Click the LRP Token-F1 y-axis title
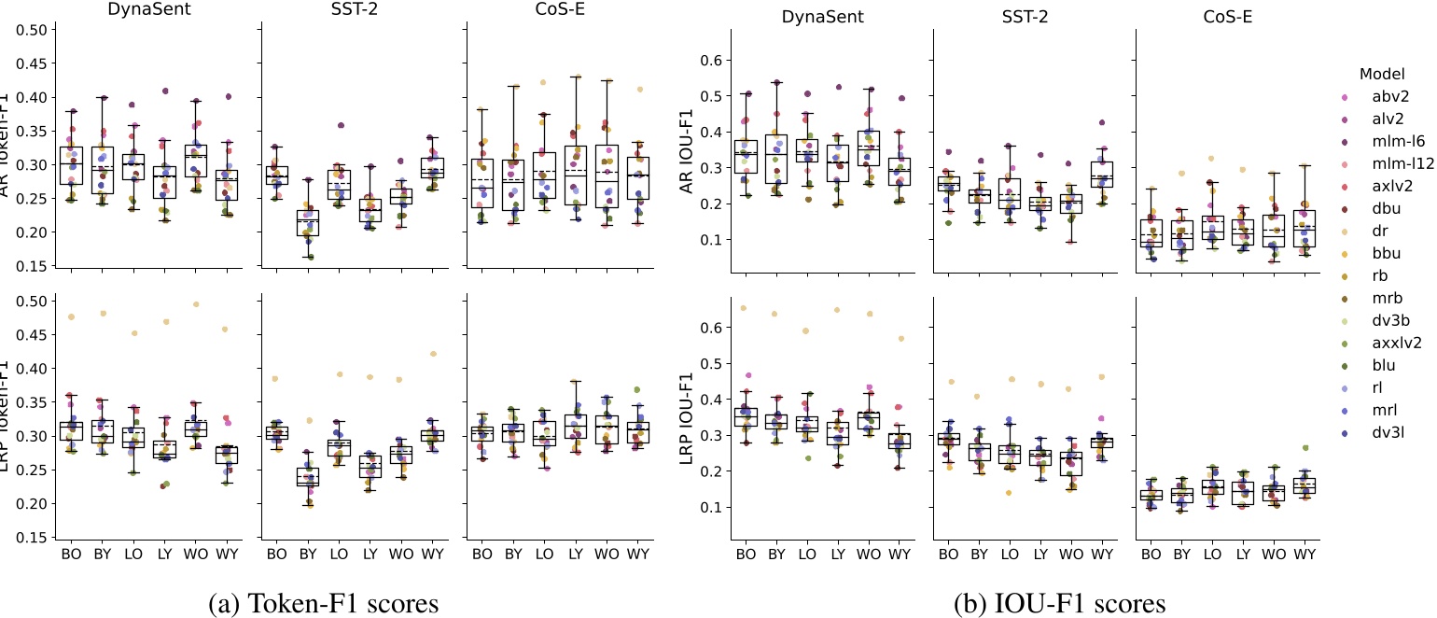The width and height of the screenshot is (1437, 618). (x=12, y=416)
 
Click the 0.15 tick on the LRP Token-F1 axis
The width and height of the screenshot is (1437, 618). (x=33, y=537)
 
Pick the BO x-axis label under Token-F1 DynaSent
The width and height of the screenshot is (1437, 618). (x=71, y=555)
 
